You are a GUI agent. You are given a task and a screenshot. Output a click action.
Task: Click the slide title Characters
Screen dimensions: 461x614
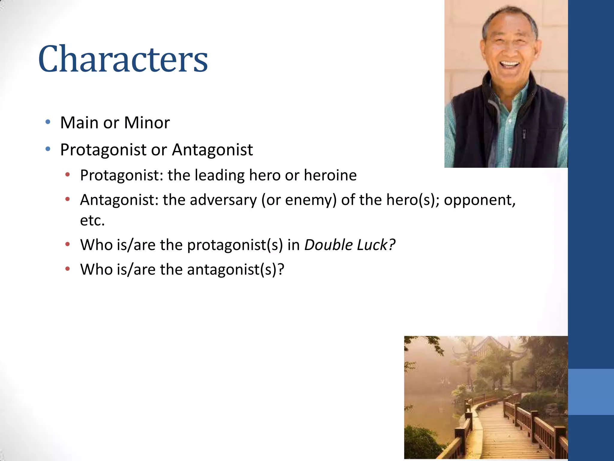point(123,59)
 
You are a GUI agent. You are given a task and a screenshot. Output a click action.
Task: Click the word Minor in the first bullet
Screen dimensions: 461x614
point(147,123)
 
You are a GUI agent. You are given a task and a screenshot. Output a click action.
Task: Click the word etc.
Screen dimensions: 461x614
point(92,221)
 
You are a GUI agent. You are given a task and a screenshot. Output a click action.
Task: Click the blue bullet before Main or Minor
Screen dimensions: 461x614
point(48,122)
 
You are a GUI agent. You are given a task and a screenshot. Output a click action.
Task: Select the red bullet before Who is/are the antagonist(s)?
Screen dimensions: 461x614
point(68,269)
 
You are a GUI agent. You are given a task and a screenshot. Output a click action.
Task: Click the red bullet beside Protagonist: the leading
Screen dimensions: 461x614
point(68,175)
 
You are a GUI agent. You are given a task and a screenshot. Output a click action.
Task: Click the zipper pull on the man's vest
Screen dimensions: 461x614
point(524,134)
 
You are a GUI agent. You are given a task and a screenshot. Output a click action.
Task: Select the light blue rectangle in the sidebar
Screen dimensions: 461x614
point(591,392)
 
